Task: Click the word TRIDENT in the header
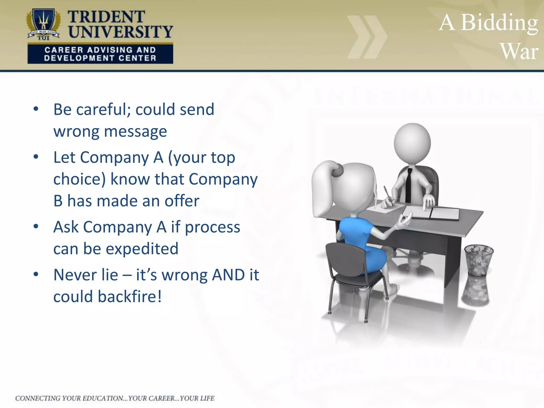(x=106, y=17)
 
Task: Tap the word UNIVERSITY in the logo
(x=120, y=32)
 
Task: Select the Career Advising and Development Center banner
(x=100, y=54)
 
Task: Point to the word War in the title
(x=519, y=52)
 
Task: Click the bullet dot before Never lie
(x=36, y=274)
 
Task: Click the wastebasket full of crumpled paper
(x=479, y=260)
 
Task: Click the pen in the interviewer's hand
(x=388, y=195)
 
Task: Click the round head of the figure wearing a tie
(x=412, y=142)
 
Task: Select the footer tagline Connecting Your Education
(x=115, y=398)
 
